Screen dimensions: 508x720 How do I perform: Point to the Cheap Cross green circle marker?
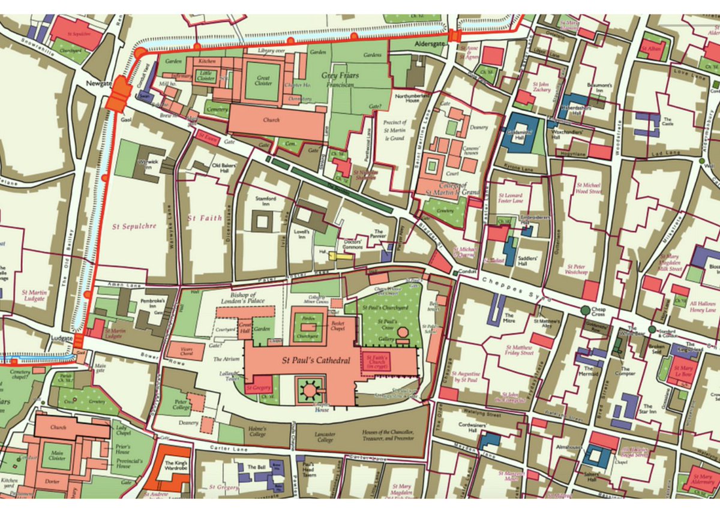(586, 310)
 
